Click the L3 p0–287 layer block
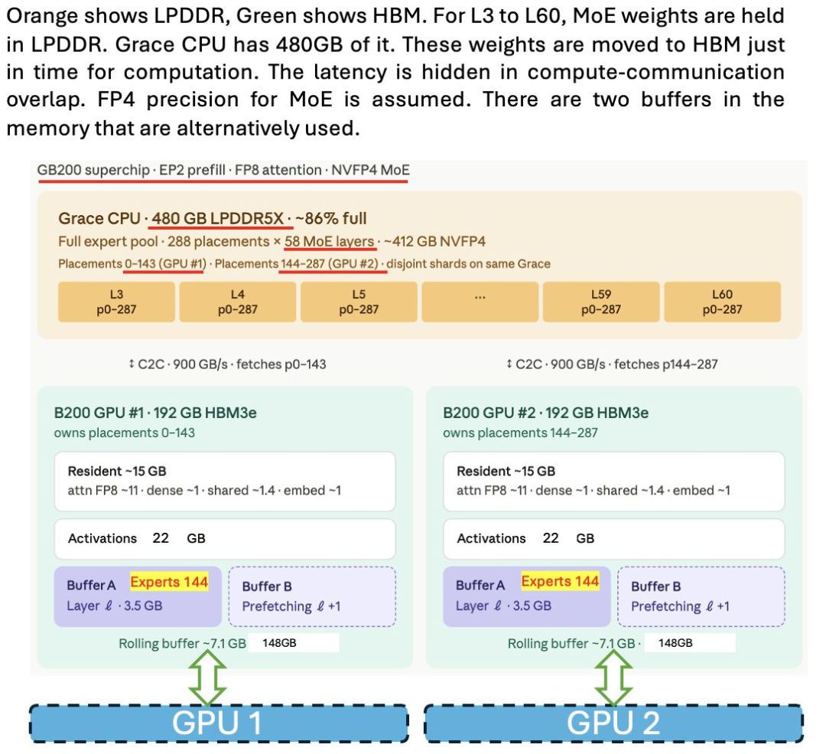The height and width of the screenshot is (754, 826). tap(116, 302)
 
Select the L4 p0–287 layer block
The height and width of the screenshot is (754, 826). tap(238, 302)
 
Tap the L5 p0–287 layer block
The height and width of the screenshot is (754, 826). tap(359, 302)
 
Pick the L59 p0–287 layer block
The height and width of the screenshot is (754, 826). tap(601, 302)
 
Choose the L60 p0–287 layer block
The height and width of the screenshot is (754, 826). tap(722, 302)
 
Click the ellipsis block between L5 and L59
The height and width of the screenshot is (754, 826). tap(480, 302)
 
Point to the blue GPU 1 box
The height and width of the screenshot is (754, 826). tap(219, 723)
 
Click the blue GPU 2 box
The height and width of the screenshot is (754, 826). tap(613, 723)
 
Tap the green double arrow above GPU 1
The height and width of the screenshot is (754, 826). tap(207, 677)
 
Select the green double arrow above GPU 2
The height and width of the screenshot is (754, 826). tap(613, 677)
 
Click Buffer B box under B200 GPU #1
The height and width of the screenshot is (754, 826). tap(312, 596)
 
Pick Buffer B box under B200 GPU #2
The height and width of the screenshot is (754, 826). tap(701, 596)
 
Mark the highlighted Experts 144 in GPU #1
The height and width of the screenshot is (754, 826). tap(169, 582)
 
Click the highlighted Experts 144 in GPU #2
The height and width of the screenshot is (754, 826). tap(560, 582)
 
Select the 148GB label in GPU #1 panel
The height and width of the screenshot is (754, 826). tap(279, 643)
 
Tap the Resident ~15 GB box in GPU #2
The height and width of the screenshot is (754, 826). tap(613, 481)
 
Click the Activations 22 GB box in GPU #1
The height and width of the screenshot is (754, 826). tap(225, 539)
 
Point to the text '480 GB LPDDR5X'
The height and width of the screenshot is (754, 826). tap(217, 218)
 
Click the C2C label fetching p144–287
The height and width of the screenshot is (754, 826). tap(612, 364)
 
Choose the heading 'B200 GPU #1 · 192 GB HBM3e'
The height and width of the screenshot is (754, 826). tap(155, 413)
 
